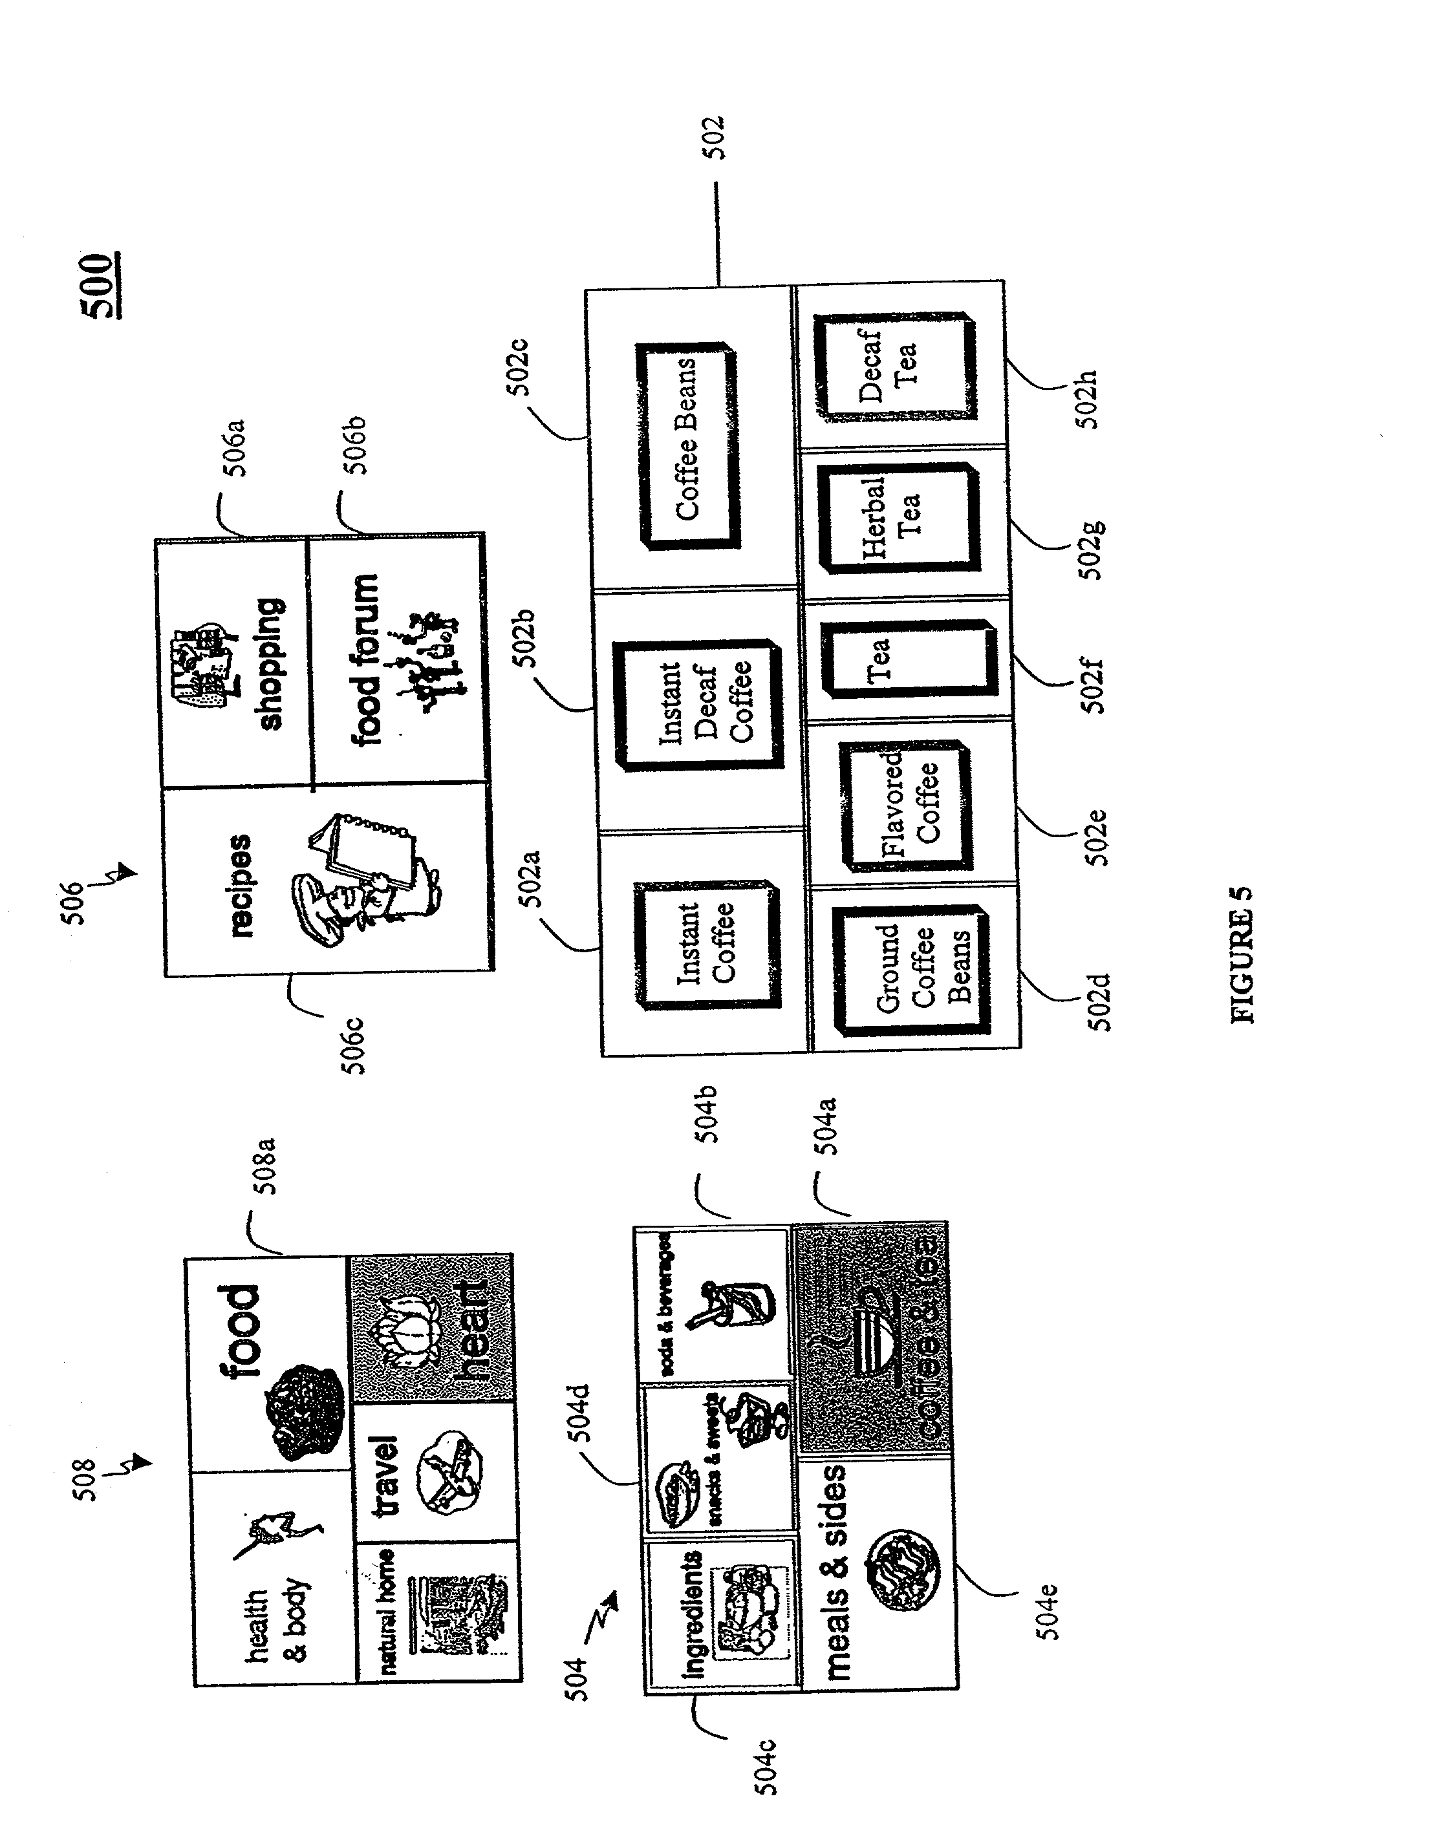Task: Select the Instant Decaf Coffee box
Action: [698, 704]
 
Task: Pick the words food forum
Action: [366, 660]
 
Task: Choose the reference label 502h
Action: [1088, 399]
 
